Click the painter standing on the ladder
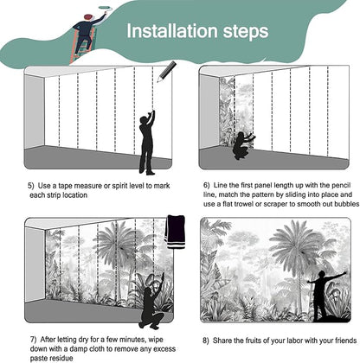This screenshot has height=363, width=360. tap(87, 32)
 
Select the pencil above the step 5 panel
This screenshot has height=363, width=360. tap(166, 71)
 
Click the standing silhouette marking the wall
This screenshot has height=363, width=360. tap(147, 143)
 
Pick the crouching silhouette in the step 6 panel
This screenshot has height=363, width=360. tap(243, 145)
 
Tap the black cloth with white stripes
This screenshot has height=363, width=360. tap(175, 232)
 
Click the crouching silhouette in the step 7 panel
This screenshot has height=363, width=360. tap(151, 301)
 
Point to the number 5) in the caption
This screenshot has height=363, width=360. tap(31, 186)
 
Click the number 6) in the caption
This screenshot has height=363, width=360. tap(207, 185)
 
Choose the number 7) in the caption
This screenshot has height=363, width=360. tap(34, 340)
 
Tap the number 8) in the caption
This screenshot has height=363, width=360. tap(205, 341)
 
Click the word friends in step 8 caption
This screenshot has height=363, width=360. tap(345, 341)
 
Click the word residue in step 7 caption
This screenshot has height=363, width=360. tap(61, 359)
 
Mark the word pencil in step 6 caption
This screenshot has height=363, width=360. tap(341, 185)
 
